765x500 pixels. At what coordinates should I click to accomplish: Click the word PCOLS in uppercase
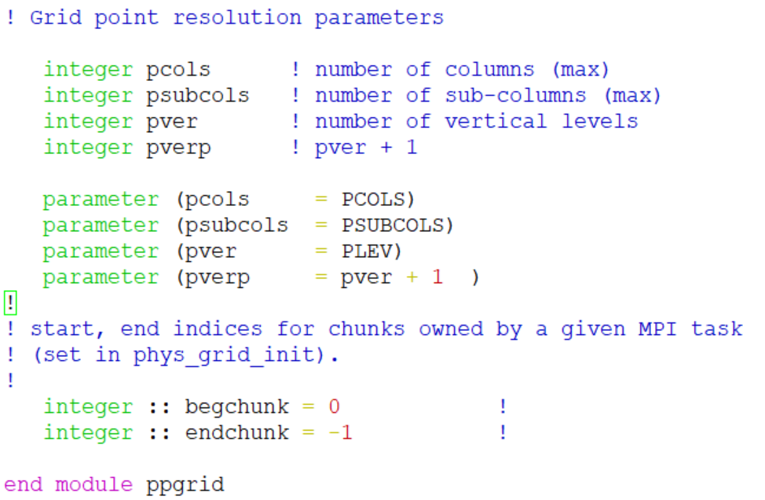[374, 200]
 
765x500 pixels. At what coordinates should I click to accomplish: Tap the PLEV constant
[367, 252]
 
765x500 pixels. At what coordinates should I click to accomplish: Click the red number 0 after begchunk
[334, 407]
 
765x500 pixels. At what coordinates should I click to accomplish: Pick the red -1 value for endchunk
[340, 433]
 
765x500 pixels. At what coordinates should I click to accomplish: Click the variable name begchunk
[236, 407]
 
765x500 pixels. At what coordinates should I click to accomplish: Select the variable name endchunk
[236, 433]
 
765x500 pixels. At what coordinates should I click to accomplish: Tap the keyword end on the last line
[24, 485]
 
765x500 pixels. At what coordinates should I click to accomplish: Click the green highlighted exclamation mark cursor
[10, 303]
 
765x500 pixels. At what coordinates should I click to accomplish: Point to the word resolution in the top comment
[236, 18]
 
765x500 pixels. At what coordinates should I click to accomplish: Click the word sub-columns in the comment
[515, 96]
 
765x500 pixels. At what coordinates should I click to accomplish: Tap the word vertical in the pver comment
[496, 122]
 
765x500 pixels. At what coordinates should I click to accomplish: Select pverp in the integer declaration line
[178, 148]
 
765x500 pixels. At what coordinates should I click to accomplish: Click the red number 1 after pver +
[437, 278]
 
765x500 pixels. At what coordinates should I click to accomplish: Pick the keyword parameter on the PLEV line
[101, 252]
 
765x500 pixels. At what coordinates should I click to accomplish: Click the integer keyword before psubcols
[88, 96]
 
